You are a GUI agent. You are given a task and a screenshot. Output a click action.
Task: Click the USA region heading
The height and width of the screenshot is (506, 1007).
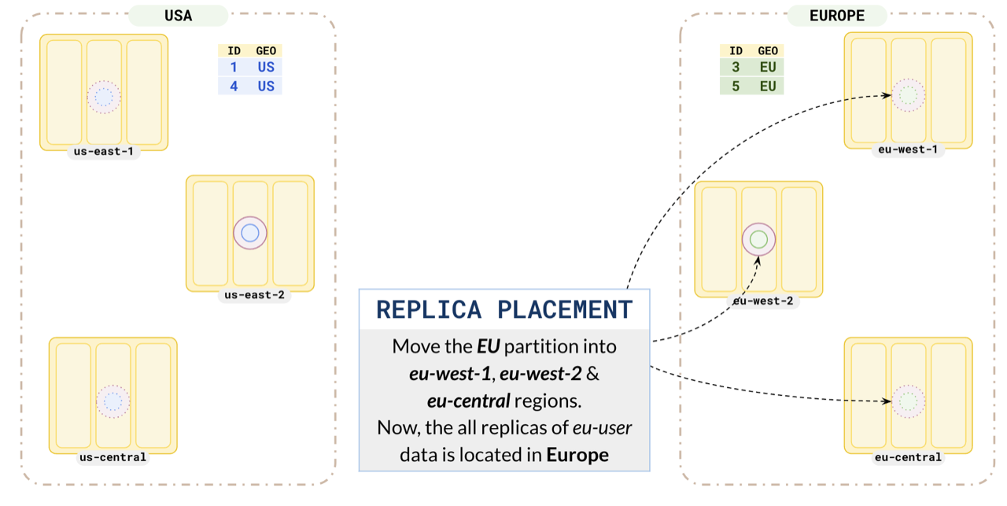(x=179, y=16)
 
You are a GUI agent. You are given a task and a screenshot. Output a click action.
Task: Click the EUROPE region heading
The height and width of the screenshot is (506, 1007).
(x=837, y=16)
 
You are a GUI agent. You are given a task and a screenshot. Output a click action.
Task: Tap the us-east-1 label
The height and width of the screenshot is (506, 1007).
(x=104, y=151)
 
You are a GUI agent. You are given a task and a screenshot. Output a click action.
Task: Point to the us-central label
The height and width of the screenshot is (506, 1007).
(x=113, y=457)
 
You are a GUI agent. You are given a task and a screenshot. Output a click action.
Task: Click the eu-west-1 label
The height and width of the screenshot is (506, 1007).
(x=908, y=150)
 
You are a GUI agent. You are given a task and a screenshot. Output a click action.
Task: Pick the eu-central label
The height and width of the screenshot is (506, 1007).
(x=908, y=457)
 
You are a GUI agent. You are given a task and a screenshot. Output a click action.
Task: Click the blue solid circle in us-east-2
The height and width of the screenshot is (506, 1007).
(x=250, y=233)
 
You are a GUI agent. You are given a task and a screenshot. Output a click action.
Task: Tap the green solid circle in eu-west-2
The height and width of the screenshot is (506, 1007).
(x=759, y=239)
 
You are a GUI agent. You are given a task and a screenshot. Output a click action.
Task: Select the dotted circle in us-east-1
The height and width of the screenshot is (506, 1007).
(x=105, y=97)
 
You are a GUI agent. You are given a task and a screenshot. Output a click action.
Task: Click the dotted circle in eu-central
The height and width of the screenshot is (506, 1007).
(x=909, y=401)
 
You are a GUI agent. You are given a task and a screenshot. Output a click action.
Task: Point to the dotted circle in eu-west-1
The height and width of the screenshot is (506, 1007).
(x=909, y=95)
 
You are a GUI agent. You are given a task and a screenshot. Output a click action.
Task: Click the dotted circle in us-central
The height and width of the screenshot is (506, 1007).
(x=113, y=401)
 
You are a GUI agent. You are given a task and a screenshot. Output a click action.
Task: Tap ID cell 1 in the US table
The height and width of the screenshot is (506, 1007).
(x=234, y=68)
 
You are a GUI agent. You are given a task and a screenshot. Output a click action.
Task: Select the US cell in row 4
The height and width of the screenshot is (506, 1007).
(x=266, y=87)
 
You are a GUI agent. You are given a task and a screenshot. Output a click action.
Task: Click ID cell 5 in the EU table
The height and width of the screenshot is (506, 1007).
(x=736, y=87)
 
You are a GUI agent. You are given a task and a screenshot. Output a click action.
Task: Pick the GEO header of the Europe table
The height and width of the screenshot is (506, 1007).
(x=768, y=50)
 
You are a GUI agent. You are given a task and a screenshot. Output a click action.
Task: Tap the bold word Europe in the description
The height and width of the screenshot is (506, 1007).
(x=577, y=455)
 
